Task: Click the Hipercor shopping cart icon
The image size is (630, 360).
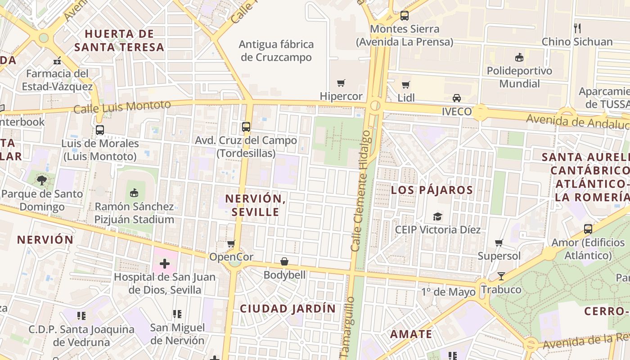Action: [x=341, y=83]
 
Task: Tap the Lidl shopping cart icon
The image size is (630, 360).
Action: [x=405, y=85]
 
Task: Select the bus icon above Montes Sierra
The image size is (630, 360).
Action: [x=405, y=16]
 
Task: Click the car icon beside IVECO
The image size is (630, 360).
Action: [x=456, y=98]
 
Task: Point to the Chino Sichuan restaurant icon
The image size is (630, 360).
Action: [x=577, y=28]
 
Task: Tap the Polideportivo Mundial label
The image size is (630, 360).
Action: [x=519, y=77]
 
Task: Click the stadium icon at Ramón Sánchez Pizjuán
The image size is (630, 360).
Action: [x=134, y=193]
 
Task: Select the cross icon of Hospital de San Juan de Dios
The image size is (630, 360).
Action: [x=165, y=263]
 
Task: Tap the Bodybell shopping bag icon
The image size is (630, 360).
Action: [x=284, y=261]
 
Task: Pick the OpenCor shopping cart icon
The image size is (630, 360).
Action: [x=231, y=243]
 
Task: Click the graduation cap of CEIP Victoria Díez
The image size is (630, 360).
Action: [x=437, y=217]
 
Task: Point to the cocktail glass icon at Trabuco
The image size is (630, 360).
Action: [x=501, y=276]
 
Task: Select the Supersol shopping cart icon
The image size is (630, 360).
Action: [x=499, y=243]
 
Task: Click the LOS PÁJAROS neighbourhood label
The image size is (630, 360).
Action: [x=432, y=190]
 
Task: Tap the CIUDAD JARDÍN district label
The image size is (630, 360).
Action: [x=288, y=309]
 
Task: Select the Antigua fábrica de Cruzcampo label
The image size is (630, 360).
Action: [x=276, y=51]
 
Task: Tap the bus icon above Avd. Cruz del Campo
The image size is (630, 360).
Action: [x=246, y=127]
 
